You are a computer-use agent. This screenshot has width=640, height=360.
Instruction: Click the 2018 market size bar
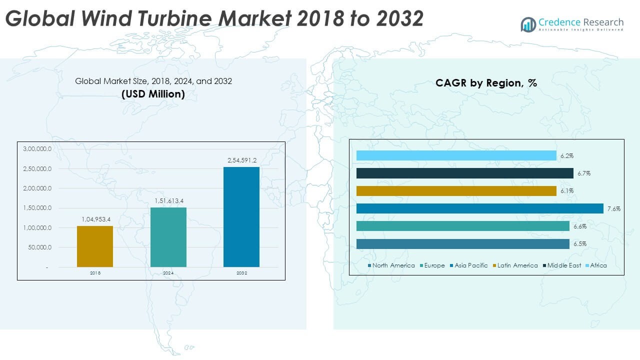[95, 246]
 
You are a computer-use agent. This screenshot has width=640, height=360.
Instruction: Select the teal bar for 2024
[168, 237]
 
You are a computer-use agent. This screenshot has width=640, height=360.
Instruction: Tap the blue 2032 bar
[241, 216]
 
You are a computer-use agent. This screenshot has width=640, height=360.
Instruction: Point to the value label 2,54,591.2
[241, 160]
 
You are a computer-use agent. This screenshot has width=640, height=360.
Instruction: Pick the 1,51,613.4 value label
[168, 201]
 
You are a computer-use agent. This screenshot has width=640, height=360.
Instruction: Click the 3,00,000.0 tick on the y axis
[37, 149]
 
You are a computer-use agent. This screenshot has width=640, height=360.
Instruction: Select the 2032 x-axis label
[241, 273]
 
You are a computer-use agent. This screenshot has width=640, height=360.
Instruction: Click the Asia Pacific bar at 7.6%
[480, 208]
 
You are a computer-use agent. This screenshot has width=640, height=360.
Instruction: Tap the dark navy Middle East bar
[465, 173]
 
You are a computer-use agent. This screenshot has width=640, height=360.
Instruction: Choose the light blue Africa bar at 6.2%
[456, 155]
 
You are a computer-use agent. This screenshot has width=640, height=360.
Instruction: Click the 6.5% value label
[580, 244]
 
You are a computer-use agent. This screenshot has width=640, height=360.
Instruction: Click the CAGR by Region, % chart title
[486, 83]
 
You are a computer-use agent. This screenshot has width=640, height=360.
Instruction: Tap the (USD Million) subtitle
[153, 93]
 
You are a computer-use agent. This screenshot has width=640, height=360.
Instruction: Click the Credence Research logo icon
[528, 24]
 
